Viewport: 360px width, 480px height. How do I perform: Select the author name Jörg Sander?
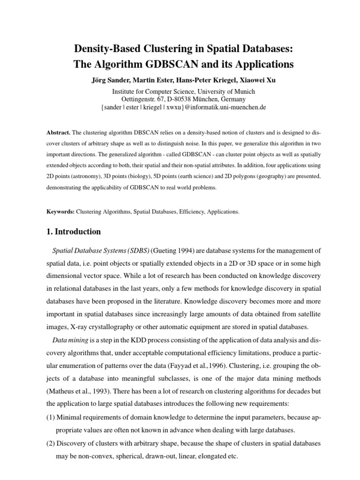111,80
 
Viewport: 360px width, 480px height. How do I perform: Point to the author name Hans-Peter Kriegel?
207,80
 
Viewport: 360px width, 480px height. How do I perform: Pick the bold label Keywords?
60,212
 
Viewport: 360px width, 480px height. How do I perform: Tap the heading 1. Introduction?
74,232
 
